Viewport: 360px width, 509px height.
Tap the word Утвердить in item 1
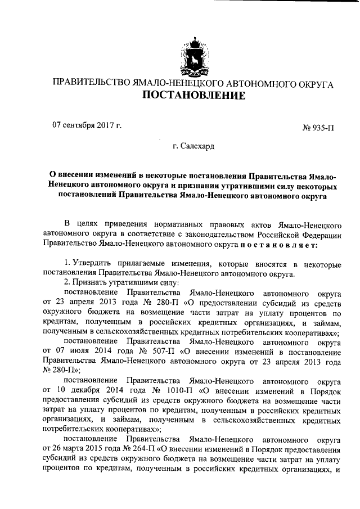(94, 264)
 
